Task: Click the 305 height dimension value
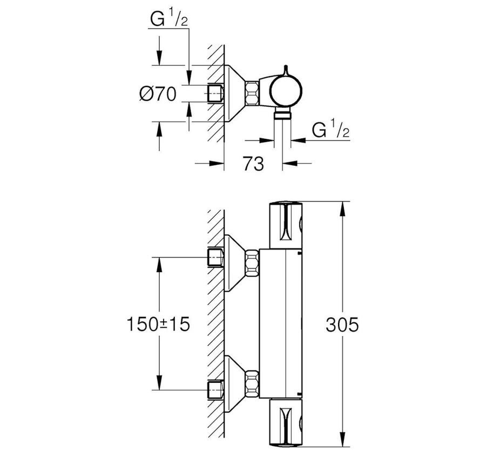pyautogui.click(x=342, y=325)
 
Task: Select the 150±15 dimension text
pyautogui.click(x=158, y=325)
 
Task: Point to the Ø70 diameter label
pyautogui.click(x=158, y=93)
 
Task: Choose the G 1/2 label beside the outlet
pyautogui.click(x=330, y=130)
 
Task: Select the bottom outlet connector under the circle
pyautogui.click(x=282, y=114)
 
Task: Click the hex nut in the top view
pyautogui.click(x=252, y=93)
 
